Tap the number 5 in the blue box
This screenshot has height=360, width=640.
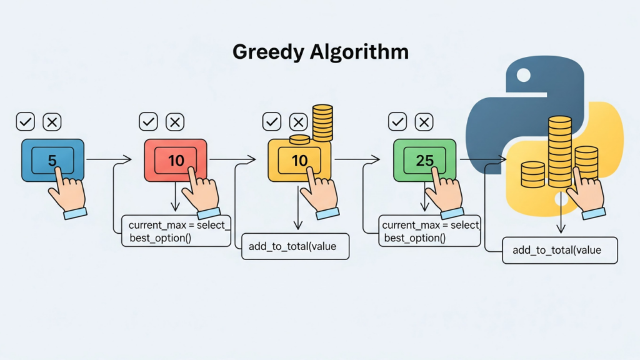52,160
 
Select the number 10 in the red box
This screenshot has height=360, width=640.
176,160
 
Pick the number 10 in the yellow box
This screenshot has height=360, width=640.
299,160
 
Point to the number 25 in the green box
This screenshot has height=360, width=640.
424,160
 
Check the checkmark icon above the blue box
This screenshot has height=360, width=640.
26,122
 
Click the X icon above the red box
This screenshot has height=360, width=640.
176,122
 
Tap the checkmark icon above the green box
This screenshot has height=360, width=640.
397,122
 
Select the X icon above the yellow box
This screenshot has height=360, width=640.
299,122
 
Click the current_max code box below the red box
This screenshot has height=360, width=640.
176,231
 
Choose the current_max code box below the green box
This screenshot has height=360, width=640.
429,231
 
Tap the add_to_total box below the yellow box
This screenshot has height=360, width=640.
295,246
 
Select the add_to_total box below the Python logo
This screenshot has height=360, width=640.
559,250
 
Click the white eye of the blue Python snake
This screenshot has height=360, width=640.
523,76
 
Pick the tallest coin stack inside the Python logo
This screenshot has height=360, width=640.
559,150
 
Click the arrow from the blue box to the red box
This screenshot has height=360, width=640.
108,160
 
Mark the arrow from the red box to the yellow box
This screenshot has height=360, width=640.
232,160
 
